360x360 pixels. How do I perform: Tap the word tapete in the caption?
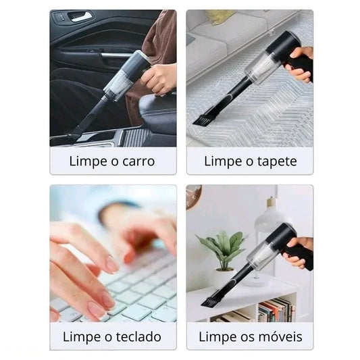pyautogui.click(x=275, y=162)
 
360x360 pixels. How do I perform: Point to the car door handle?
pyautogui.click(x=81, y=16)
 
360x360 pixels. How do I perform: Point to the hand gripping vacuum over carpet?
pyautogui.click(x=301, y=64)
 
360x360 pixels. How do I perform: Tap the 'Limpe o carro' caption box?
pyautogui.click(x=113, y=162)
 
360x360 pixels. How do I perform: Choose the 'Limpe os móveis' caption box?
pyautogui.click(x=249, y=336)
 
